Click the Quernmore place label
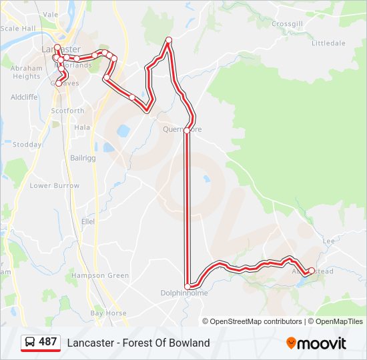coord(181,129)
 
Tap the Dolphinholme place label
coord(184,293)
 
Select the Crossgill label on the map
coord(287,23)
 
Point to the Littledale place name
coord(328,43)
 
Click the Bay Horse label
coord(108,313)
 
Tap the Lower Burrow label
coord(54,185)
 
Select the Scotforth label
coord(68,111)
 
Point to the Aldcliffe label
coord(24,97)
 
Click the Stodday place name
coord(27,144)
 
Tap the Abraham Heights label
coord(26,72)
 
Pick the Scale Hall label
coord(18,29)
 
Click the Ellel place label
coord(88,221)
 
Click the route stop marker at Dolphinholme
coord(188,286)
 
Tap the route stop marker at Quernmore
coord(187,130)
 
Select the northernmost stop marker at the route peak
coord(169,40)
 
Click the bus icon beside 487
coord(31,342)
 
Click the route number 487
coord(48,342)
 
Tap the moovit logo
coord(316,343)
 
